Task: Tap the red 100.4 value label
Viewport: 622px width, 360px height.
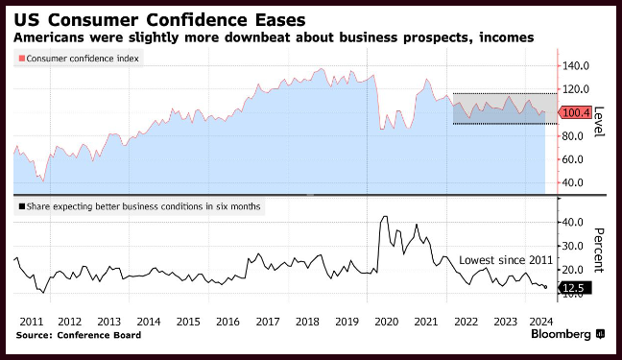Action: [575, 112]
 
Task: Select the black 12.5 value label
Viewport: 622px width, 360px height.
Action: [575, 288]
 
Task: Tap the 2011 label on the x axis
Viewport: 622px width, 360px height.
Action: [32, 322]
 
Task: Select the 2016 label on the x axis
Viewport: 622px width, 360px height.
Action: [227, 322]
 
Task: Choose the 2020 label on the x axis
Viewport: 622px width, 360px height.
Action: [387, 322]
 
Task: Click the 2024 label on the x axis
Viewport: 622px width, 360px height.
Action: [541, 322]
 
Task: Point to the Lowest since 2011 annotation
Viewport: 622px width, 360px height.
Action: [506, 260]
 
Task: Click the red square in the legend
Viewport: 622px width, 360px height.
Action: [22, 59]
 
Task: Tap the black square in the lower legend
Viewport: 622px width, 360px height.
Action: [22, 206]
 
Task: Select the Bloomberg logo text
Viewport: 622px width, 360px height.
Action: [561, 335]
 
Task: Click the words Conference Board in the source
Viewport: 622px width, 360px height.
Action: [99, 335]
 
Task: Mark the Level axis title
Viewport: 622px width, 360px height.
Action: [599, 122]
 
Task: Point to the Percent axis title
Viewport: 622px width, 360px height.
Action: [599, 251]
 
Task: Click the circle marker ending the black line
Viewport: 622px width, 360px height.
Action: [546, 287]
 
